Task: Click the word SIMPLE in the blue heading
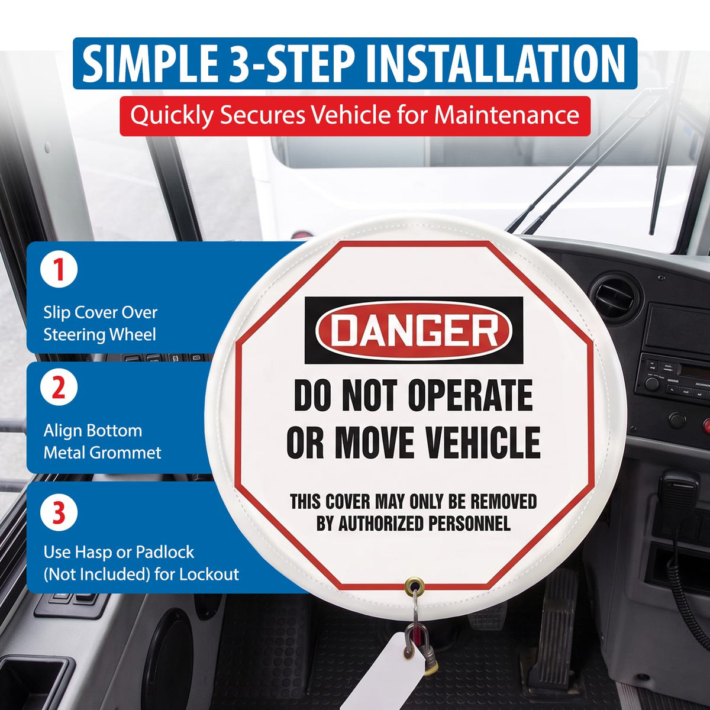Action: coord(150,64)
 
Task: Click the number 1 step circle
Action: coord(59,270)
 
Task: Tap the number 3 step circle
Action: coord(59,513)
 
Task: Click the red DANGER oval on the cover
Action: coord(414,330)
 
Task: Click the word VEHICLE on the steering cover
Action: coord(482,442)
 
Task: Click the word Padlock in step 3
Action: coord(164,552)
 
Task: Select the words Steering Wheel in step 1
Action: coord(100,334)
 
